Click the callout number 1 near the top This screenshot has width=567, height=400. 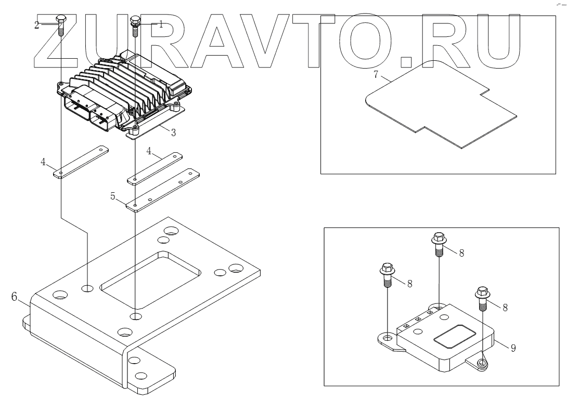click(161, 24)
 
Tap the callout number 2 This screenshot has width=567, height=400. click(37, 24)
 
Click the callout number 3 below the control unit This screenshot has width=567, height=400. click(173, 133)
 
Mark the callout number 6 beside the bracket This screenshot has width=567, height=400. click(14, 297)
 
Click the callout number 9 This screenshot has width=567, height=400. click(513, 349)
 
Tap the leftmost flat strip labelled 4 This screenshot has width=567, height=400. click(81, 162)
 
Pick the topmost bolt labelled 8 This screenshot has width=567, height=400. click(439, 244)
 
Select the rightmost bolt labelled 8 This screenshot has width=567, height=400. click(482, 298)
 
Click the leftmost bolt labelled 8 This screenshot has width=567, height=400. click(388, 276)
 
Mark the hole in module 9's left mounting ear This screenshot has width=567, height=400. click(387, 338)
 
